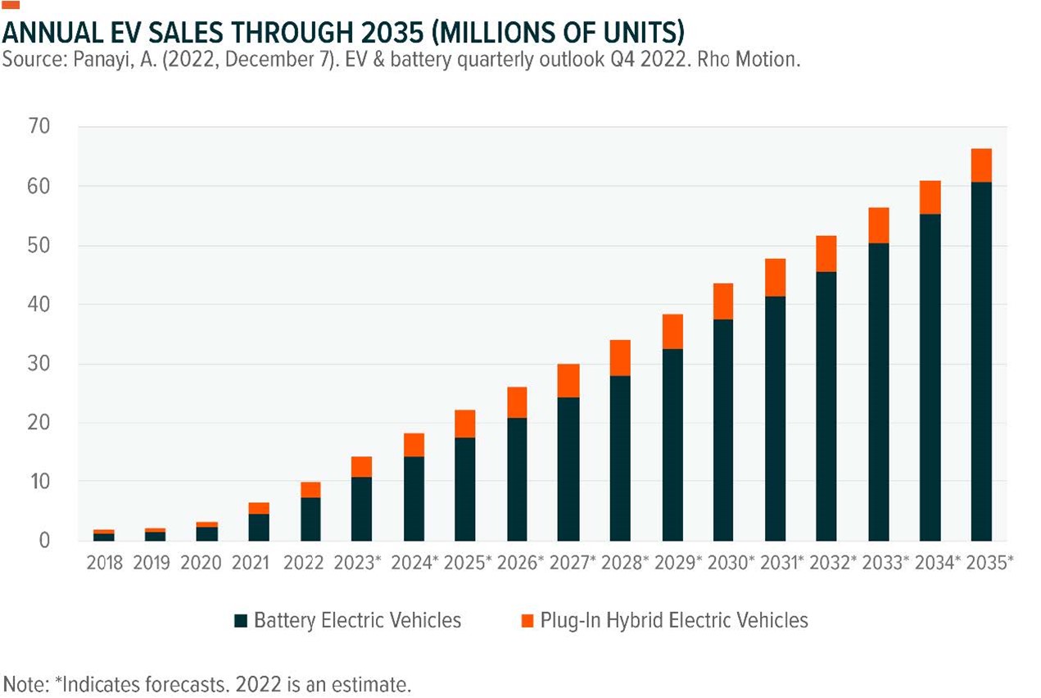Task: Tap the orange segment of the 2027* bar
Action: click(x=568, y=380)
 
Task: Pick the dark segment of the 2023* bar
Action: click(x=362, y=508)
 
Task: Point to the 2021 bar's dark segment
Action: click(x=259, y=527)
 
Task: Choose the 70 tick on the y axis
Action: click(x=39, y=127)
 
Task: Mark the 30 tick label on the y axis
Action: click(x=39, y=364)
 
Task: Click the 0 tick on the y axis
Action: click(x=45, y=541)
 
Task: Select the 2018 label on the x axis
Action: click(x=104, y=564)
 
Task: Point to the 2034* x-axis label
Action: click(x=935, y=564)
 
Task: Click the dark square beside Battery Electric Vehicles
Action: click(x=239, y=619)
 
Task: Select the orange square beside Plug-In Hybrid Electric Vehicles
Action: click(x=526, y=619)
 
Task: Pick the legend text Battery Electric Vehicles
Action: click(x=357, y=619)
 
